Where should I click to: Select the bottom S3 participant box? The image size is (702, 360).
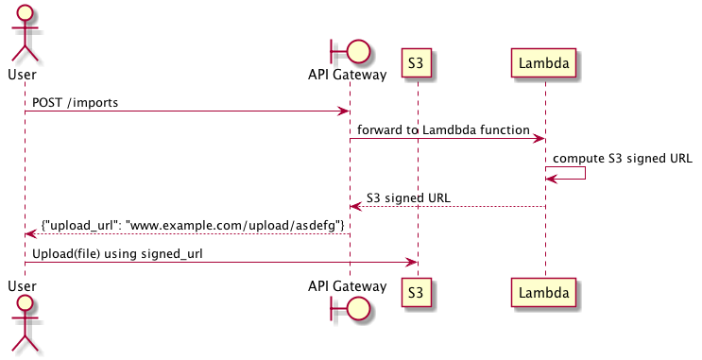pyautogui.click(x=416, y=294)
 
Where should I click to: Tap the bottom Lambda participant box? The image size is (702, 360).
pyautogui.click(x=545, y=294)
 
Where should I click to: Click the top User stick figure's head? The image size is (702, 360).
pyautogui.click(x=25, y=12)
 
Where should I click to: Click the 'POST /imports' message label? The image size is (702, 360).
pyautogui.click(x=76, y=102)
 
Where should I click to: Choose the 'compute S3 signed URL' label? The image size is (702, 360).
pyautogui.click(x=623, y=158)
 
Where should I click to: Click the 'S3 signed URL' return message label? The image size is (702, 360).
pyautogui.click(x=408, y=197)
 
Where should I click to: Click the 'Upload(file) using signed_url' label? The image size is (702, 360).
pyautogui.click(x=117, y=253)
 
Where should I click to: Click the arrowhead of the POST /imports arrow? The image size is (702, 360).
pyautogui.click(x=345, y=111)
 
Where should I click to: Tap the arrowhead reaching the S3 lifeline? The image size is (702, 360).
pyautogui.click(x=411, y=263)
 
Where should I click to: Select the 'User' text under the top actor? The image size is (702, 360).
pyautogui.click(x=25, y=74)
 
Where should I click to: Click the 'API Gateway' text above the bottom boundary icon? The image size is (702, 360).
pyautogui.click(x=348, y=285)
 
